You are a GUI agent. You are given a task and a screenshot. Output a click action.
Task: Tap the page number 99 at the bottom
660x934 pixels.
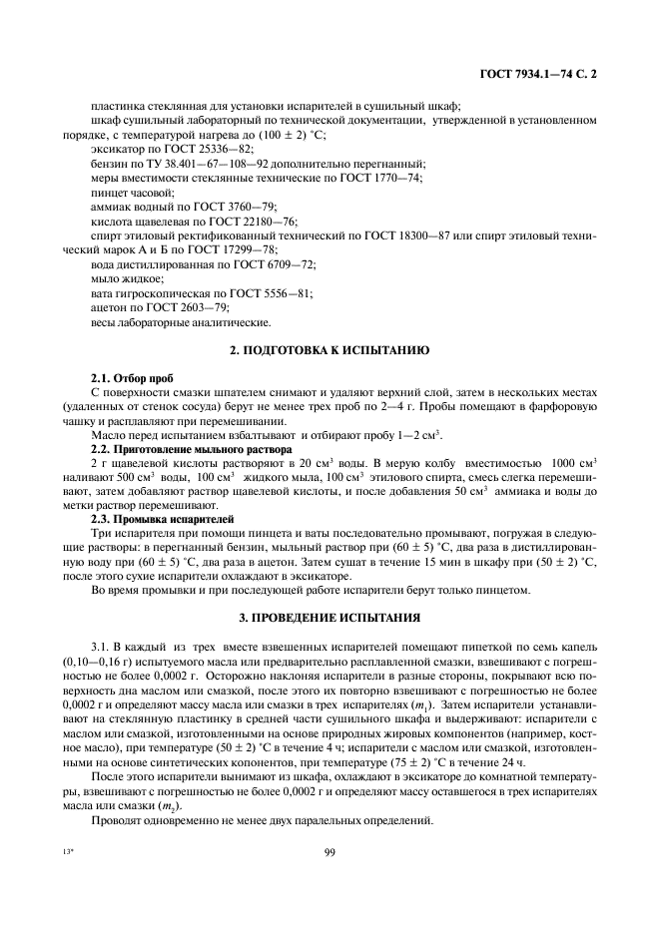coord(329,851)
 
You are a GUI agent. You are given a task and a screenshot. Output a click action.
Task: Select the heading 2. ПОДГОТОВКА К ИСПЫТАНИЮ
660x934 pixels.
coord(330,351)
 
